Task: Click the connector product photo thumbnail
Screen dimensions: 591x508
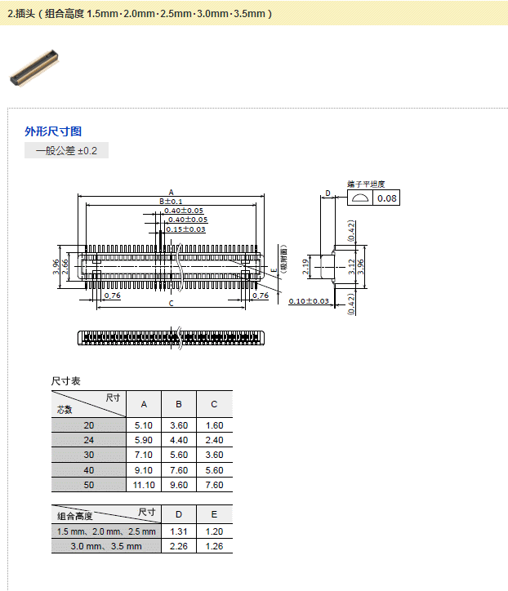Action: point(34,66)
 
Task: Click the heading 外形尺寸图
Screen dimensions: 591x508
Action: point(53,131)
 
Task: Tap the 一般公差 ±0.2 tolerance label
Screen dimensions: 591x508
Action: point(66,151)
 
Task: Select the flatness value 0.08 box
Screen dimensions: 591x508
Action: point(386,198)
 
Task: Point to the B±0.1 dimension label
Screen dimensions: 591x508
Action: point(171,202)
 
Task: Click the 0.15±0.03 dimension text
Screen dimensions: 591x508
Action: point(185,229)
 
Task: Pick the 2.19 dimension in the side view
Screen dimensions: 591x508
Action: point(305,266)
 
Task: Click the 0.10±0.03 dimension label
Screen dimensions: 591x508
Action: point(309,301)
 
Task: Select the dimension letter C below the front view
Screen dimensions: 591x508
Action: point(171,304)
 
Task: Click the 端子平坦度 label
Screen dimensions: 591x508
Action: point(365,184)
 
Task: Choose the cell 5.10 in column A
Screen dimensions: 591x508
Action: point(144,426)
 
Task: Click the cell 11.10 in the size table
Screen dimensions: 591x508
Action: point(144,485)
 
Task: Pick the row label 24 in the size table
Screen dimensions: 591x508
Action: point(89,441)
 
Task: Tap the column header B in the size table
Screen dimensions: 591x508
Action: point(179,404)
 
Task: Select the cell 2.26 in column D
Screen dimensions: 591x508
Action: point(179,546)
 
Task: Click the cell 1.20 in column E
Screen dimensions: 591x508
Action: point(214,531)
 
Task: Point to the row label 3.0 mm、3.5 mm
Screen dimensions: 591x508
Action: point(105,546)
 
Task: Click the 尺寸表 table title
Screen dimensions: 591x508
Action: point(65,381)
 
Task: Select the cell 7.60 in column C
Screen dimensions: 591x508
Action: point(214,485)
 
